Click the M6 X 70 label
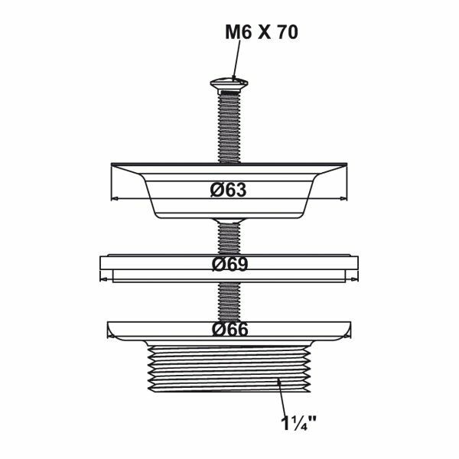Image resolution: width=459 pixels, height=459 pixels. coord(262,32)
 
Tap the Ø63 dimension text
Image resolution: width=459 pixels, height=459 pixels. coord(229,190)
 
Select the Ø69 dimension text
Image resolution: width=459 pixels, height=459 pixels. coord(229,264)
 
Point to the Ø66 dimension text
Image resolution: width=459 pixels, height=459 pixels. coord(229,329)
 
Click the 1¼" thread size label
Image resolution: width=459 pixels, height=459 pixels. coord(298,423)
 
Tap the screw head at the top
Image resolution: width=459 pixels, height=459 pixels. coord(229,84)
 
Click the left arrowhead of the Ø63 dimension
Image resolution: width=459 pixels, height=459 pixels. coord(115,199)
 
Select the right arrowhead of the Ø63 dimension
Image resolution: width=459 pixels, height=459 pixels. coord(343,199)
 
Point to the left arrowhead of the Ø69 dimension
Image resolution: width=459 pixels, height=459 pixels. coord(104,280)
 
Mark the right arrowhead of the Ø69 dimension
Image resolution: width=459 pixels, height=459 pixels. coord(354,280)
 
